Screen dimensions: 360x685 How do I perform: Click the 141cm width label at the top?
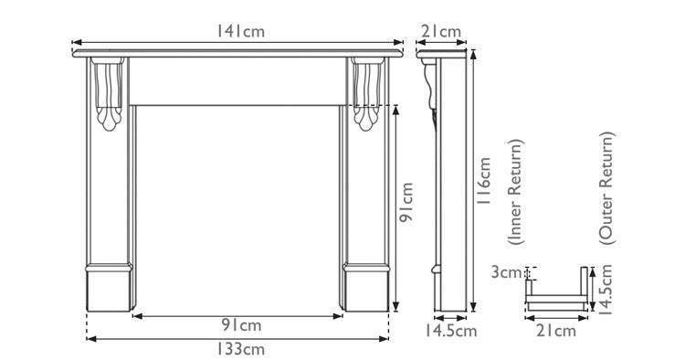click(x=240, y=31)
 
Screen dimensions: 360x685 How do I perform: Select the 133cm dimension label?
click(x=240, y=349)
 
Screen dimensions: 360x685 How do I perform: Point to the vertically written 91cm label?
click(x=407, y=206)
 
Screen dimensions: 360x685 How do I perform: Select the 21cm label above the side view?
click(x=441, y=31)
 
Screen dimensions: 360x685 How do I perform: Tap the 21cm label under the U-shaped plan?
click(x=556, y=331)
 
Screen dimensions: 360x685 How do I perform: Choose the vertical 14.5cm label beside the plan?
click(x=605, y=290)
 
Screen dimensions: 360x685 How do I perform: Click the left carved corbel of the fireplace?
click(x=109, y=95)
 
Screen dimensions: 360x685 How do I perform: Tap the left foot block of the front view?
click(x=110, y=288)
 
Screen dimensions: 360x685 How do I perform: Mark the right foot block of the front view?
click(x=370, y=288)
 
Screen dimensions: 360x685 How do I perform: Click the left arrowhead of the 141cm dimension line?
click(x=77, y=42)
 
